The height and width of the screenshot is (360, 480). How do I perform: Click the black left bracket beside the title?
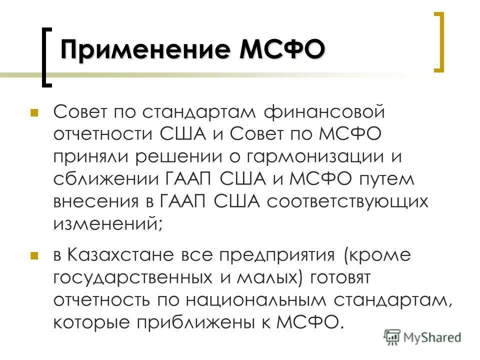pos(46,57)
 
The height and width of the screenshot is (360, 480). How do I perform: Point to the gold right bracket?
pos(438,42)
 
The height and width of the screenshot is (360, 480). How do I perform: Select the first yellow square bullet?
pos(34,112)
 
